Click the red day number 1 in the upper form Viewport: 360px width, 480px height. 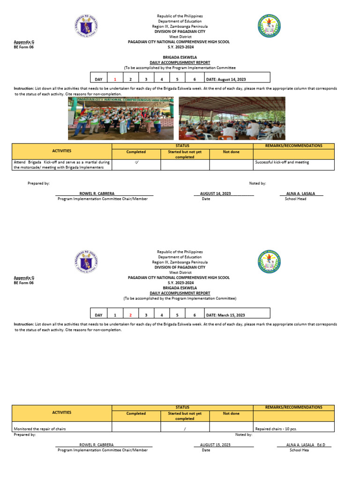pos(115,80)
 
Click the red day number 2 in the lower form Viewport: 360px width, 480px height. pos(131,315)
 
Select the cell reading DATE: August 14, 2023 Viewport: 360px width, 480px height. pos(226,80)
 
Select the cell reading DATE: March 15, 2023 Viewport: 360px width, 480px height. pos(225,315)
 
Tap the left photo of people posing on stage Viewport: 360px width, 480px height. pos(120,118)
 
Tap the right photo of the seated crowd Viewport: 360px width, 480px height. pos(232,118)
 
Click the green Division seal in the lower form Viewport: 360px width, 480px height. pos(269,262)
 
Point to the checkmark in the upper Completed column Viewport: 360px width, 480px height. pos(136,163)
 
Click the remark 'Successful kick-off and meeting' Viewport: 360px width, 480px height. pos(282,163)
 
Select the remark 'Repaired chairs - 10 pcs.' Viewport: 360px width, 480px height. pos(276,429)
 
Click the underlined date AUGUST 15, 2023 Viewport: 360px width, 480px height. pos(215,444)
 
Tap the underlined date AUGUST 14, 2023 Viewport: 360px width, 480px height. pos(215,194)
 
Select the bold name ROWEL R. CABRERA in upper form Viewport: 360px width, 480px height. pos(97,194)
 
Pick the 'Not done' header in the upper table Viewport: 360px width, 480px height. pos(231,152)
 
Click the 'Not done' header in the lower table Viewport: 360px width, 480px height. pos(231,413)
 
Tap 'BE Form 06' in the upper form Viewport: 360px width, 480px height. pos(23,47)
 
